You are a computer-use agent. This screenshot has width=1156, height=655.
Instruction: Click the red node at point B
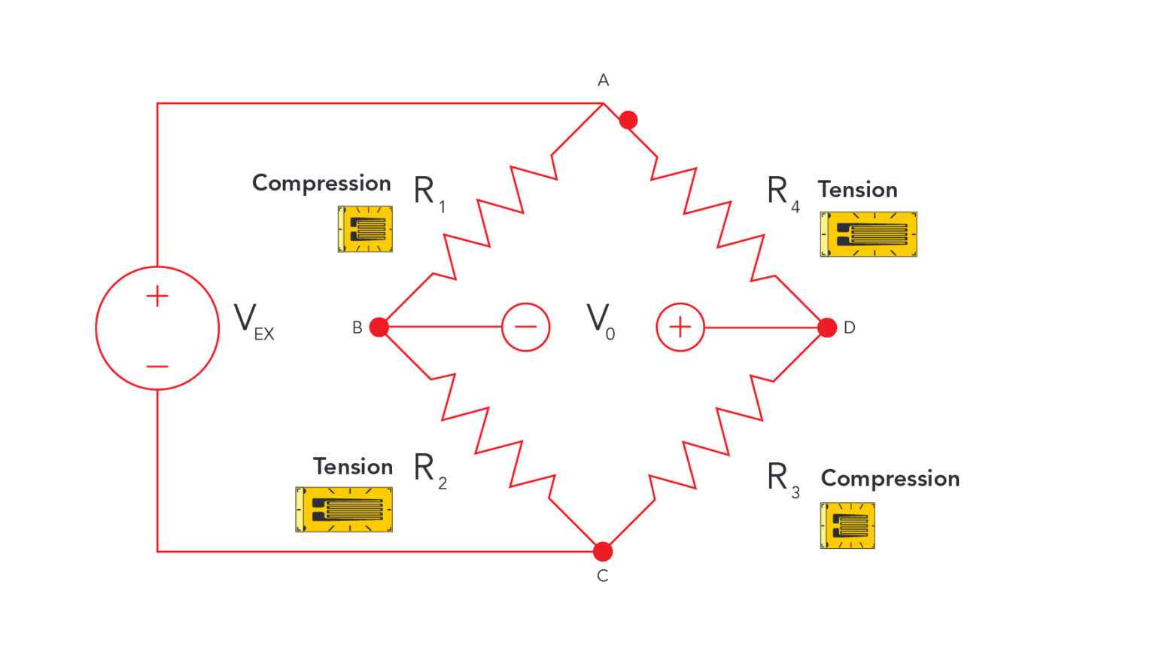click(379, 327)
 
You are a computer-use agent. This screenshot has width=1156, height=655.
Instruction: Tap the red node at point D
click(826, 327)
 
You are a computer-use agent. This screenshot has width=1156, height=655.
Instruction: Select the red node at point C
click(603, 551)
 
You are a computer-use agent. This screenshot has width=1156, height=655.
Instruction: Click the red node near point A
click(628, 120)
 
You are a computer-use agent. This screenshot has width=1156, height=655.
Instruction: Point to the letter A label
click(603, 80)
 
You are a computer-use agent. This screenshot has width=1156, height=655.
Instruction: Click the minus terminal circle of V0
click(525, 327)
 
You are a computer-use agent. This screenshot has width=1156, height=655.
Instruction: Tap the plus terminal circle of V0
click(680, 327)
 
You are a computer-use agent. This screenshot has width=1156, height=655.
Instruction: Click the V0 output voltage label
click(601, 321)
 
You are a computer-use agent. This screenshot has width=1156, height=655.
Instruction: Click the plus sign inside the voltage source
click(157, 296)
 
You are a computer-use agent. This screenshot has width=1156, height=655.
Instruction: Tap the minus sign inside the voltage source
click(157, 367)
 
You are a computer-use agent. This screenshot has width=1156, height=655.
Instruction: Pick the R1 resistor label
click(429, 193)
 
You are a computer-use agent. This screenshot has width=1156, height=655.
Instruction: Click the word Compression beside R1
click(321, 183)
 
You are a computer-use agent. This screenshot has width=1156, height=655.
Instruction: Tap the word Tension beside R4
click(857, 190)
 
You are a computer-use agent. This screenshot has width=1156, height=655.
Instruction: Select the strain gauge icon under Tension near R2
click(344, 510)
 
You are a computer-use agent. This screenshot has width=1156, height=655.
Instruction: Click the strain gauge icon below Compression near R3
click(847, 526)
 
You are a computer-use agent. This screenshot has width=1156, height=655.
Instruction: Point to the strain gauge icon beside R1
click(365, 229)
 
